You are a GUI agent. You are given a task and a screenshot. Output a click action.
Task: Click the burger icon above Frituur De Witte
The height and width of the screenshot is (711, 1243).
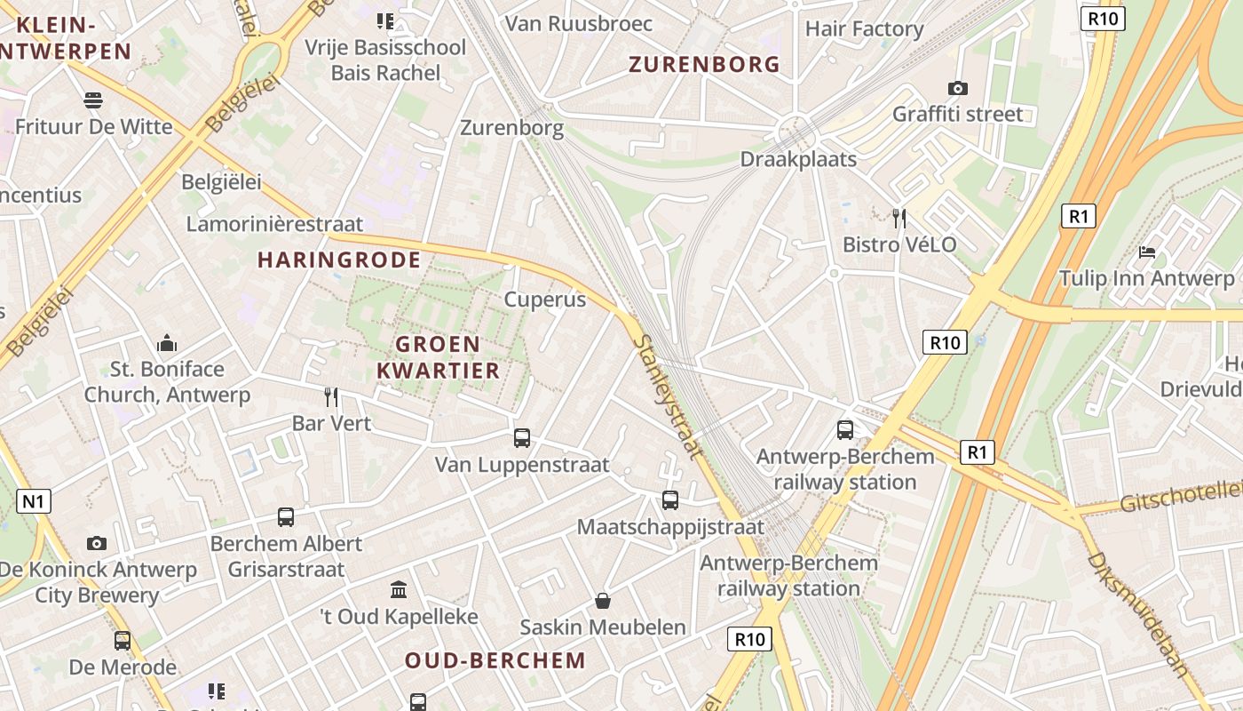point(93,99)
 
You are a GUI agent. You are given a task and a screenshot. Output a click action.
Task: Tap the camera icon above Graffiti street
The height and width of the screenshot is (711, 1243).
point(957,88)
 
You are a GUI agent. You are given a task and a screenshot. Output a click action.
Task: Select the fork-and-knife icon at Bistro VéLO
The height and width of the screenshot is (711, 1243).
point(899,218)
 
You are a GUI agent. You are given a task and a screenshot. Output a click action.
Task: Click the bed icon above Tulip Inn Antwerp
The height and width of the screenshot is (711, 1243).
point(1147,252)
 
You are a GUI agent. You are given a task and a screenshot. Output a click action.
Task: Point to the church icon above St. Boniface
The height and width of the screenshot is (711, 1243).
point(167,343)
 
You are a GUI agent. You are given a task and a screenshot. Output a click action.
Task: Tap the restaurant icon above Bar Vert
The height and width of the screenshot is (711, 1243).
point(331,396)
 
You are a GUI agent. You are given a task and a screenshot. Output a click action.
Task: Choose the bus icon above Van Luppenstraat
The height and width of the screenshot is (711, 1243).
point(522,437)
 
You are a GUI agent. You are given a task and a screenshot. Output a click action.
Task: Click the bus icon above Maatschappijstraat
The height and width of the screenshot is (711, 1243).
point(670,499)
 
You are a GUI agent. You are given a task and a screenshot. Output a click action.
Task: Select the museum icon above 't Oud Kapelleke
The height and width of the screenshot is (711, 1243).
point(399,589)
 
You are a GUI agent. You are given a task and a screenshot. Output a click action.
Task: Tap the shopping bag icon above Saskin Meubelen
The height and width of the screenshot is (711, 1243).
point(603,601)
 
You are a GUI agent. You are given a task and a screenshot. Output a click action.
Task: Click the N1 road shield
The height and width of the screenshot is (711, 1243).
point(34,501)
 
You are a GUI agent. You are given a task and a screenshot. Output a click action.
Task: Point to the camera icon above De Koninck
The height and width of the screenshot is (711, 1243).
point(97,543)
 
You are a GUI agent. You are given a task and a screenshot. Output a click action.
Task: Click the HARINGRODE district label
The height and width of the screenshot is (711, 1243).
point(339,260)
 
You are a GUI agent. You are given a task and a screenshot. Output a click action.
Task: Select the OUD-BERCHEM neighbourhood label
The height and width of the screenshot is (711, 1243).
point(495,660)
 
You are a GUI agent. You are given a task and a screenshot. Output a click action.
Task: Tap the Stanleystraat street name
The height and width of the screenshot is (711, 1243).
point(669,395)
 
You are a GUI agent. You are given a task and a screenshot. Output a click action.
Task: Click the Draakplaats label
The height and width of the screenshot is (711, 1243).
point(798,159)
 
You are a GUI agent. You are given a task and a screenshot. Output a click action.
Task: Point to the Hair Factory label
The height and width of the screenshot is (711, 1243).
point(865,28)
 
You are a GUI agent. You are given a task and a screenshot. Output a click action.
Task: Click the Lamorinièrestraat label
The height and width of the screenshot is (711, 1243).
point(274,223)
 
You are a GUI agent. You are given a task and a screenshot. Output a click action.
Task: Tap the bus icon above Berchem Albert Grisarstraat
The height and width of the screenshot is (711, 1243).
point(286,516)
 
